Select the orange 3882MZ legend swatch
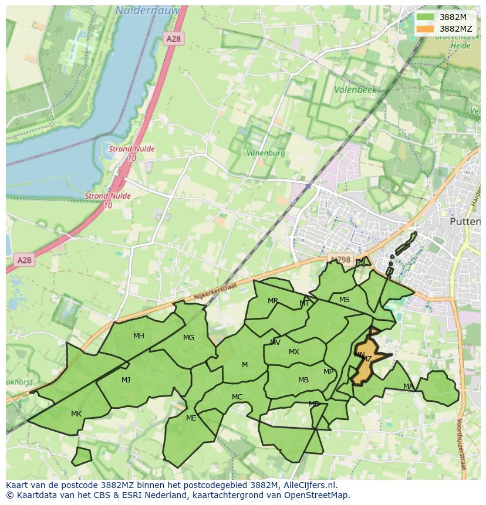(x=426, y=29)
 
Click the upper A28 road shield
(x=174, y=39)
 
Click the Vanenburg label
(x=265, y=152)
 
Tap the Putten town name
(x=464, y=222)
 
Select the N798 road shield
(x=340, y=260)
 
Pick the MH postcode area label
(x=139, y=336)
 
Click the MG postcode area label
(x=188, y=338)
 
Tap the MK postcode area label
(x=76, y=414)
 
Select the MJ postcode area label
(x=126, y=380)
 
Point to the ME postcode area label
(x=191, y=418)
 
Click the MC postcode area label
(x=237, y=397)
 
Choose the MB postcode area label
(x=303, y=380)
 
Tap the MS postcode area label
(x=344, y=300)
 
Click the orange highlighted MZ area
(x=365, y=366)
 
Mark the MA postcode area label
(x=408, y=386)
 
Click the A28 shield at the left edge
(x=24, y=260)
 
